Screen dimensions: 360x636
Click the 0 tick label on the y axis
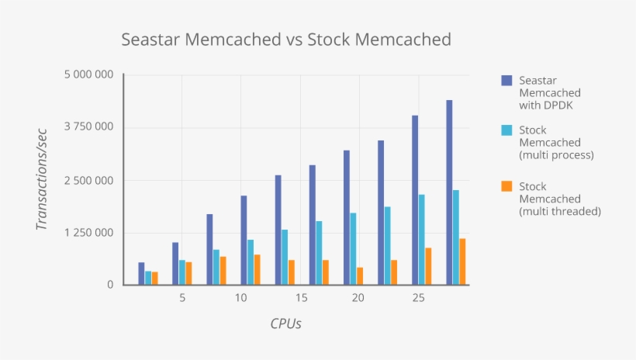tap(110, 285)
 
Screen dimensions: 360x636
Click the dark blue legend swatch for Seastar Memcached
tap(506, 80)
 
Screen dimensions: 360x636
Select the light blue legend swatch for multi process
tap(506, 130)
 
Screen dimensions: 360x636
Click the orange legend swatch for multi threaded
tap(506, 186)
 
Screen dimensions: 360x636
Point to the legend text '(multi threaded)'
tap(560, 211)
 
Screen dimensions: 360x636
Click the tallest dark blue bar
tap(449, 192)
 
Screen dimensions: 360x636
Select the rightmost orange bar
tap(463, 261)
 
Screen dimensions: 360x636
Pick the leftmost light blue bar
tap(148, 278)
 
